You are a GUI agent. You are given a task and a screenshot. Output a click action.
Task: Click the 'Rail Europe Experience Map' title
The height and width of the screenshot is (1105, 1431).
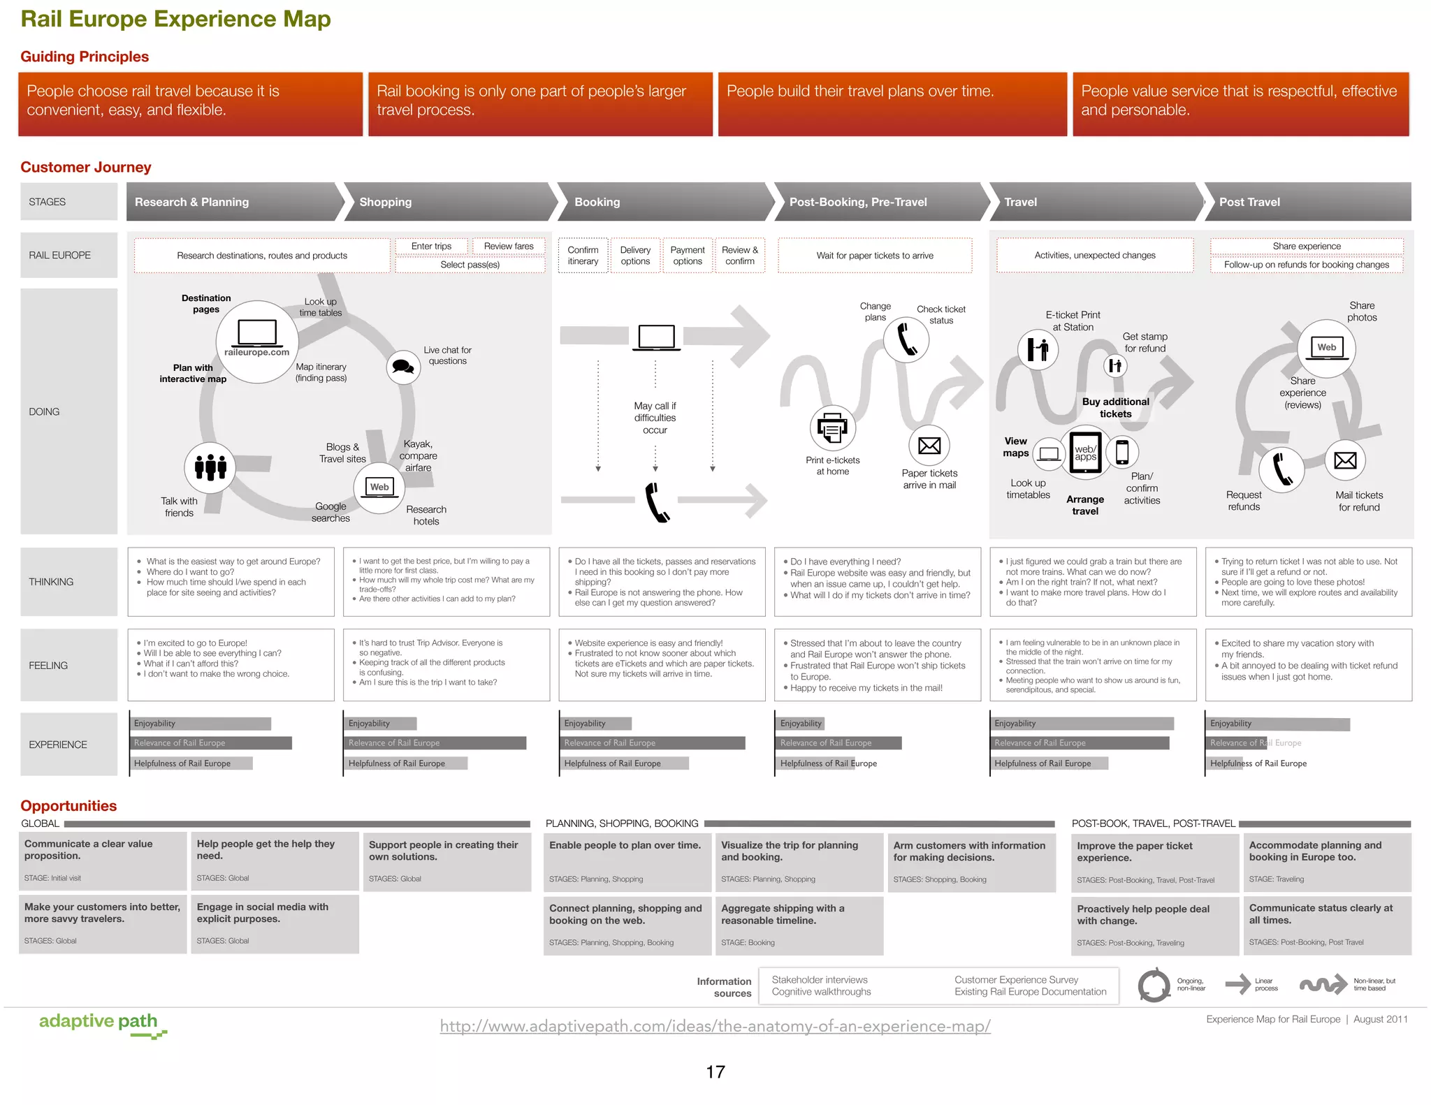click(175, 19)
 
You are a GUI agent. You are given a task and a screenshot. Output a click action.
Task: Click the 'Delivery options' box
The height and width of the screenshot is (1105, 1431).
click(635, 256)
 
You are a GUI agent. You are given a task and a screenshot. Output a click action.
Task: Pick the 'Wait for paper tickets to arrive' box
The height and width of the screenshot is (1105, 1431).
click(875, 256)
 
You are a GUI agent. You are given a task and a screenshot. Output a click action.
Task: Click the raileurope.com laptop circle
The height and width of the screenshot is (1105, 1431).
click(257, 341)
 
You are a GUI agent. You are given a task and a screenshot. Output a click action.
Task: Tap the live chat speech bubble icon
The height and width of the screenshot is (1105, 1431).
click(403, 367)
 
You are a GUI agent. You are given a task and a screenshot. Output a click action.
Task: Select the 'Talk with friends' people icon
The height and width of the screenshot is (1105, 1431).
click(210, 467)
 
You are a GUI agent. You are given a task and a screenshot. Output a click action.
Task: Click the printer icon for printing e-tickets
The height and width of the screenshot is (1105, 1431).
click(832, 427)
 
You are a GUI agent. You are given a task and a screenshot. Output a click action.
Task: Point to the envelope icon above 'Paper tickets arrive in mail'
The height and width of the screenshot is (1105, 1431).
click(929, 446)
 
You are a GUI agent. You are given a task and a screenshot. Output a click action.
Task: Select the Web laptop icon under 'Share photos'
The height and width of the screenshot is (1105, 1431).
click(1326, 348)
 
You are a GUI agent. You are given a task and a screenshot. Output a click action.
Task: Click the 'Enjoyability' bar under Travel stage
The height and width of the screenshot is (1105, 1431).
click(1082, 724)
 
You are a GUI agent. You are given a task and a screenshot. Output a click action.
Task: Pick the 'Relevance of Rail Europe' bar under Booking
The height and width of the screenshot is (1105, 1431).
click(653, 743)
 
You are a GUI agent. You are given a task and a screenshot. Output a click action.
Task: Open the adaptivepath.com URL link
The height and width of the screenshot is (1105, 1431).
click(715, 1026)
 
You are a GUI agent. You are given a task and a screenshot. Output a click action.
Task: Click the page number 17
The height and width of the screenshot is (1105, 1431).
click(715, 1072)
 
